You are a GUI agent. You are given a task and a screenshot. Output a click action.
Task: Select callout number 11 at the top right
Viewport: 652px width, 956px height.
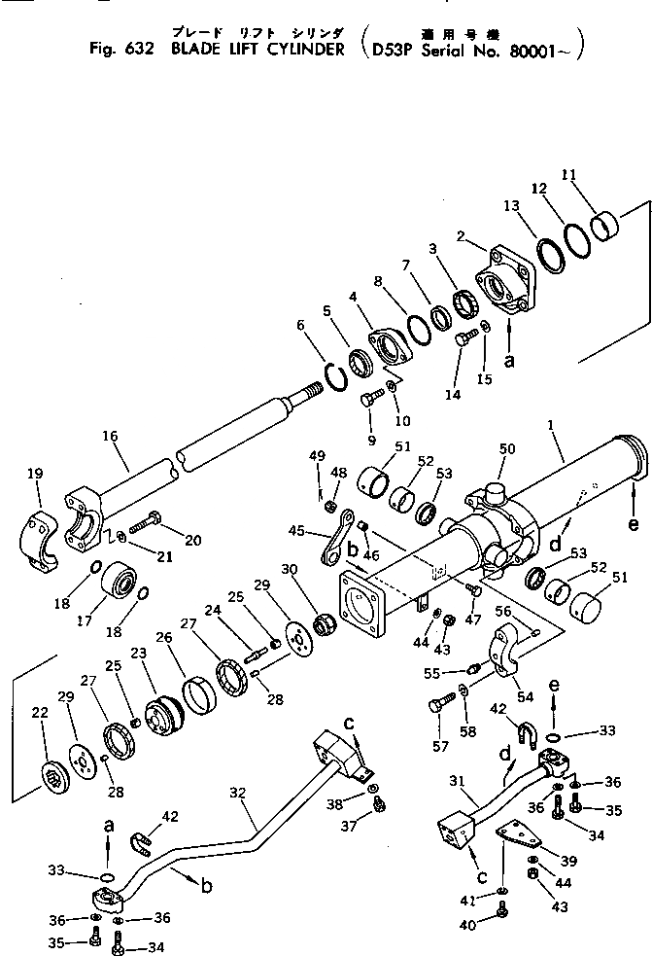570,175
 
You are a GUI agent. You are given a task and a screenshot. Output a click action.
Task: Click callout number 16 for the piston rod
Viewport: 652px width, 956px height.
109,440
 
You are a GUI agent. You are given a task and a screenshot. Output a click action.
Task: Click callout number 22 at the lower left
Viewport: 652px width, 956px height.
40,714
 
